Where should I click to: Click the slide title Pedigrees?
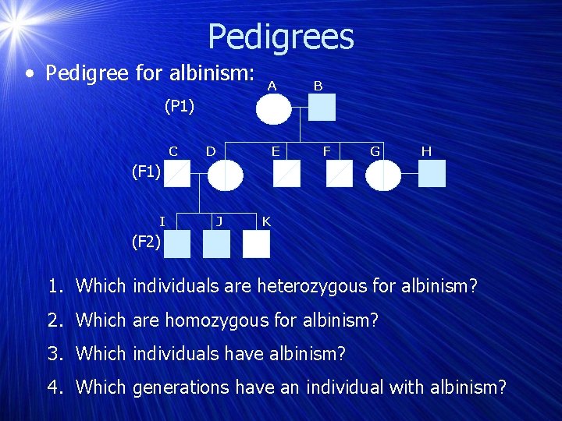click(281, 36)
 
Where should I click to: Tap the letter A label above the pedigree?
click(271, 86)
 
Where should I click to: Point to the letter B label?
click(318, 86)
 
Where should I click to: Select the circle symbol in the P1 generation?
click(274, 108)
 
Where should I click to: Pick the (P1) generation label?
click(179, 106)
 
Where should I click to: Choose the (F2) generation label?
click(146, 242)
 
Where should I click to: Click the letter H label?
click(426, 150)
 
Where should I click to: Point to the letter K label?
click(266, 221)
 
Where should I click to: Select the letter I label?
click(162, 221)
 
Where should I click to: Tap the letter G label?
click(375, 150)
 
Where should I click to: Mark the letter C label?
click(173, 150)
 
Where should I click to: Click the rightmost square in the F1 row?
click(432, 174)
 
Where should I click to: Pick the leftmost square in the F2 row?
click(176, 244)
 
